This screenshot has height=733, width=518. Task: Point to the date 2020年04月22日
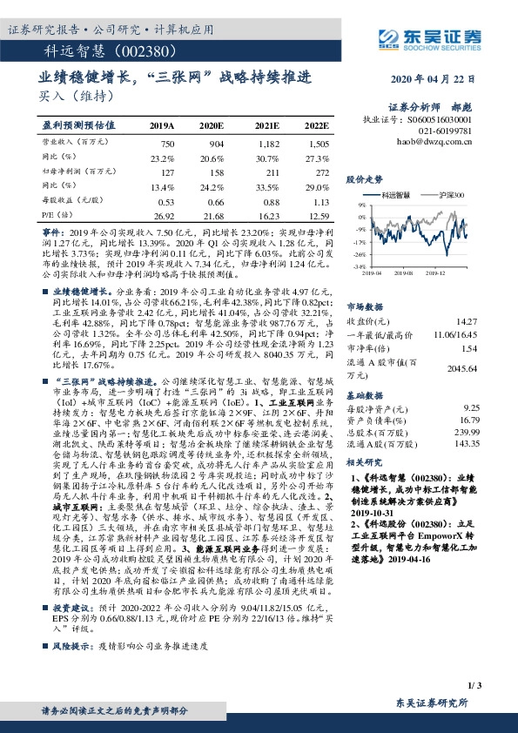[x=431, y=78]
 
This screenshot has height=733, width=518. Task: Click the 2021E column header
[x=266, y=125]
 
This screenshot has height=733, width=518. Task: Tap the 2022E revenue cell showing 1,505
[x=319, y=142]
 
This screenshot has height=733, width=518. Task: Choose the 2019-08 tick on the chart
[x=409, y=271]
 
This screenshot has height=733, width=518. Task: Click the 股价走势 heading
[x=364, y=178]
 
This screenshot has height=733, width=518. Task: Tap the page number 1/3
[x=474, y=687]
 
